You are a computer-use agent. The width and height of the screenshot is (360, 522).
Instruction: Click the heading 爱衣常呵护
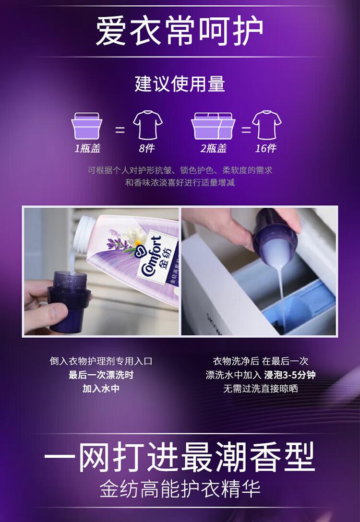click(180, 32)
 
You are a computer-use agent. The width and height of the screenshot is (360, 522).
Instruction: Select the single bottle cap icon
click(86, 126)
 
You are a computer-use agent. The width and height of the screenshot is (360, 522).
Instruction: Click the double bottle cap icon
click(213, 126)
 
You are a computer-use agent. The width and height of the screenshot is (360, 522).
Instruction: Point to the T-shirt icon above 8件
click(147, 125)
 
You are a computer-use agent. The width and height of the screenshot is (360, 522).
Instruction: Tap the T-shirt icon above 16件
click(266, 125)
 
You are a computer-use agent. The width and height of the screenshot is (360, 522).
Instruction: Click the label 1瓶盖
click(87, 148)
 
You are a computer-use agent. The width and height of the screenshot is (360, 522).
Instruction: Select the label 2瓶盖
click(213, 148)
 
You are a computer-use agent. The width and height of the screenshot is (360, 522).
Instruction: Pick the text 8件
click(147, 148)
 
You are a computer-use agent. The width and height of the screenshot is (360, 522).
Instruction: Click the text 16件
click(266, 148)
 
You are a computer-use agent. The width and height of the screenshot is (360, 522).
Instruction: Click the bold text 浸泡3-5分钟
click(290, 375)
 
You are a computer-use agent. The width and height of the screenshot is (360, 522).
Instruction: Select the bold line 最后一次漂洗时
click(101, 375)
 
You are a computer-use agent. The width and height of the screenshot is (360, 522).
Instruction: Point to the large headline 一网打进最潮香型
click(180, 457)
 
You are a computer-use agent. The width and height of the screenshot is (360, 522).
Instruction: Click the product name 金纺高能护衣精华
click(180, 489)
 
